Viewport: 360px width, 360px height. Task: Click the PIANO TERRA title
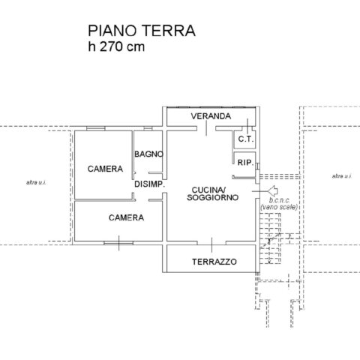click(x=142, y=31)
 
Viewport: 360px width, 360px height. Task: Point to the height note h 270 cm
click(x=116, y=46)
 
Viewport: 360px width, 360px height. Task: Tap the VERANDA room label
click(x=211, y=116)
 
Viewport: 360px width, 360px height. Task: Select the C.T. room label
click(x=246, y=139)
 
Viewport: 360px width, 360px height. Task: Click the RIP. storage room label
click(x=245, y=163)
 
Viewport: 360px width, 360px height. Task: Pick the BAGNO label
click(x=148, y=154)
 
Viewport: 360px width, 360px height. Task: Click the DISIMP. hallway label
click(x=150, y=184)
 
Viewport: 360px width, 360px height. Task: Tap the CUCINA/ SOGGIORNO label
click(x=212, y=193)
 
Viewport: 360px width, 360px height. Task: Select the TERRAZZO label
click(x=214, y=262)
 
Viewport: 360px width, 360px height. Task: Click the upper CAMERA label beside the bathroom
click(x=105, y=169)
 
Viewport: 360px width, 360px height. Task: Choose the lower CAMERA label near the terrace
click(x=126, y=217)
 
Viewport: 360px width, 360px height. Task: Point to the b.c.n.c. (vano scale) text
click(x=279, y=204)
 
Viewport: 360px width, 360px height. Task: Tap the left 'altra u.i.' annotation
click(x=36, y=182)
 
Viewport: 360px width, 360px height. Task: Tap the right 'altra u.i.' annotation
click(x=342, y=176)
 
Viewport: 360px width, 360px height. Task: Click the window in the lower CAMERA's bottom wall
click(x=118, y=243)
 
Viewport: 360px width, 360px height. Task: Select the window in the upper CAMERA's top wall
click(x=96, y=128)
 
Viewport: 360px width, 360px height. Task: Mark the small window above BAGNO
click(x=148, y=128)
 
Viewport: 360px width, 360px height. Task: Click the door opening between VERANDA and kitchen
click(x=206, y=128)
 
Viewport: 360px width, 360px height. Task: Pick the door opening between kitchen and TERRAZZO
click(x=211, y=243)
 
